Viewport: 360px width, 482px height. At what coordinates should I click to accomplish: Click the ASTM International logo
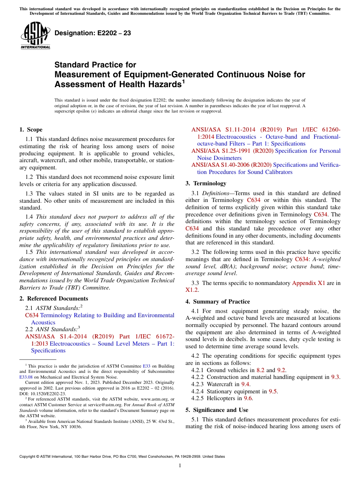(x=35, y=36)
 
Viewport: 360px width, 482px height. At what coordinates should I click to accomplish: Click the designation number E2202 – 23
(x=93, y=33)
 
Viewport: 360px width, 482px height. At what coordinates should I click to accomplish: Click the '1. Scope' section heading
(x=31, y=130)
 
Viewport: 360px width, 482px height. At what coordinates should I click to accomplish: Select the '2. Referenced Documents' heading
(x=54, y=299)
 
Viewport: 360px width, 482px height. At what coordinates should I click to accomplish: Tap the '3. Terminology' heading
(x=206, y=183)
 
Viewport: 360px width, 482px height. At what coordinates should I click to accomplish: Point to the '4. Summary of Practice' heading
(x=218, y=302)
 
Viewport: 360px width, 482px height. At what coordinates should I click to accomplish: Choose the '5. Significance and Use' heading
(x=217, y=410)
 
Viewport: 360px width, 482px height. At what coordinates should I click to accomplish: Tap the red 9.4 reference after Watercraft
(x=246, y=384)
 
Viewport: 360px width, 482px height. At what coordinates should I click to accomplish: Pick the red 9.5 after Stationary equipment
(x=273, y=391)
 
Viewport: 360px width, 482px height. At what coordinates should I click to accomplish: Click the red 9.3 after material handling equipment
(x=335, y=377)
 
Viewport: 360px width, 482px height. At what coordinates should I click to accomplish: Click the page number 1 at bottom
(x=180, y=466)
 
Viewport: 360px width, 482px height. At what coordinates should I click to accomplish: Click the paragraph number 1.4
(x=29, y=217)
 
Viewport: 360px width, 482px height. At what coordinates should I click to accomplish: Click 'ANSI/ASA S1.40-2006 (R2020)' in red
(x=231, y=165)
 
